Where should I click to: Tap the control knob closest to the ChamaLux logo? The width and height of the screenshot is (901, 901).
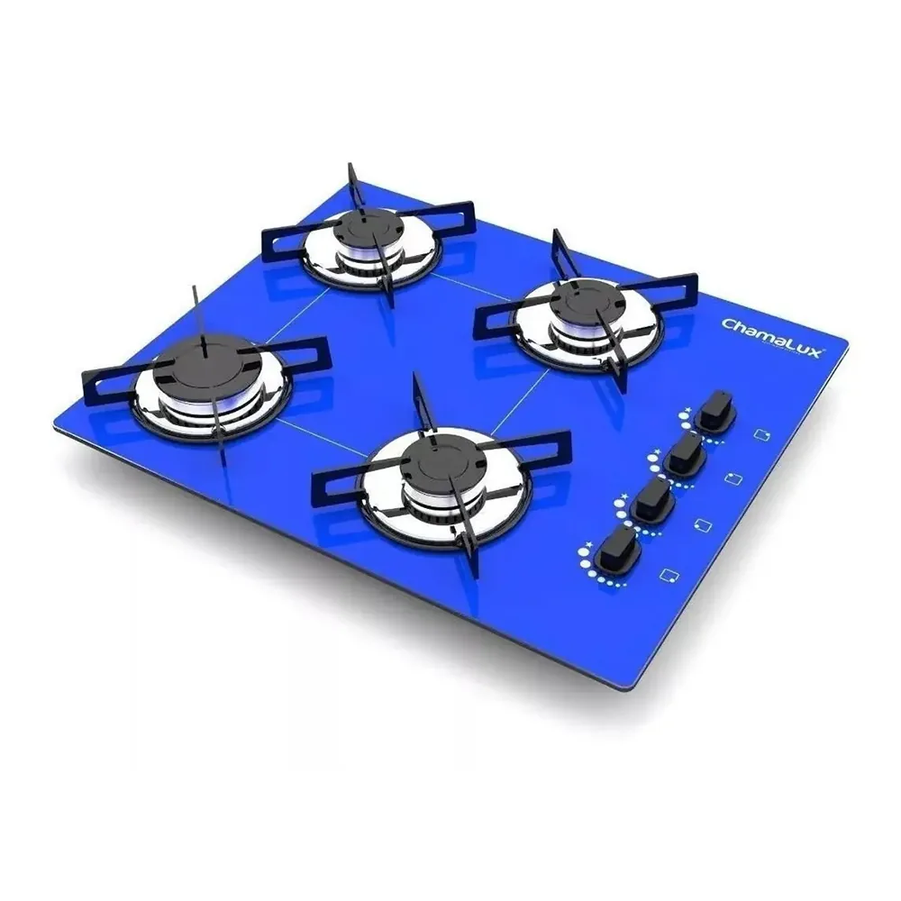[716, 410]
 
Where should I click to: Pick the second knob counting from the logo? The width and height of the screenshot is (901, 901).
[685, 454]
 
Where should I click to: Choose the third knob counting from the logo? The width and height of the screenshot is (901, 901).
[653, 500]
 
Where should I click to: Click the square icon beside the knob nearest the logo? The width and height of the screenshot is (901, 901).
[762, 434]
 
